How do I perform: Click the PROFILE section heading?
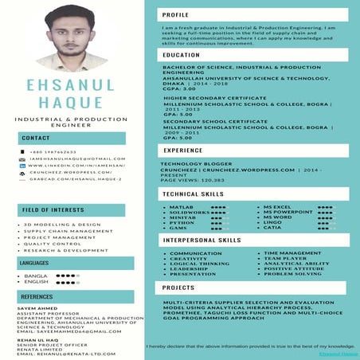point(176,15)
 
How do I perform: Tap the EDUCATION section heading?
point(181,55)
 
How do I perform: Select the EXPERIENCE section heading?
point(183,150)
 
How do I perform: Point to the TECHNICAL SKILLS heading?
point(194,194)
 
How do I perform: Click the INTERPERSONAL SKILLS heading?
point(202,240)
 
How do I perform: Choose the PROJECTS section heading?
point(179,288)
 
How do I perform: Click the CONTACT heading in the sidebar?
point(36,138)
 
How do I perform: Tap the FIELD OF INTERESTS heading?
point(53,209)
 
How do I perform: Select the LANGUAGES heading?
point(35,262)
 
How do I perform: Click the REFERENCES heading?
point(37,296)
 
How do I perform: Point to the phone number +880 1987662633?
point(53,151)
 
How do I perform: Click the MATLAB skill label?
point(181,206)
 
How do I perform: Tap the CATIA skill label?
point(272,228)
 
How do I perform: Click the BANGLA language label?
point(37,276)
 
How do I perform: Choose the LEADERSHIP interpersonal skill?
point(190,268)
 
